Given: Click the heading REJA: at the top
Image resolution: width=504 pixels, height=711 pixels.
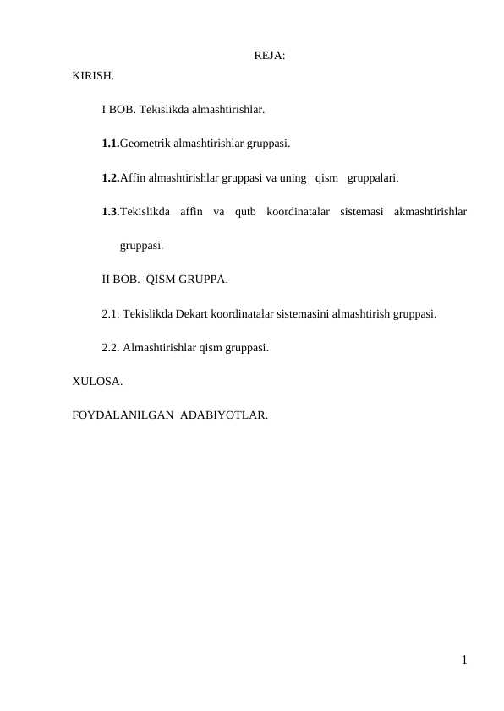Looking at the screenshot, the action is (269, 57).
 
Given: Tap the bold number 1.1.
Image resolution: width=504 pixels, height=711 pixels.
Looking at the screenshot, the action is (110, 144).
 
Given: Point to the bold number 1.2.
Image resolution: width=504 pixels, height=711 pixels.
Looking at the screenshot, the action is (110, 178).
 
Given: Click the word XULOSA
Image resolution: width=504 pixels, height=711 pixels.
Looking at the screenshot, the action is (97, 382).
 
